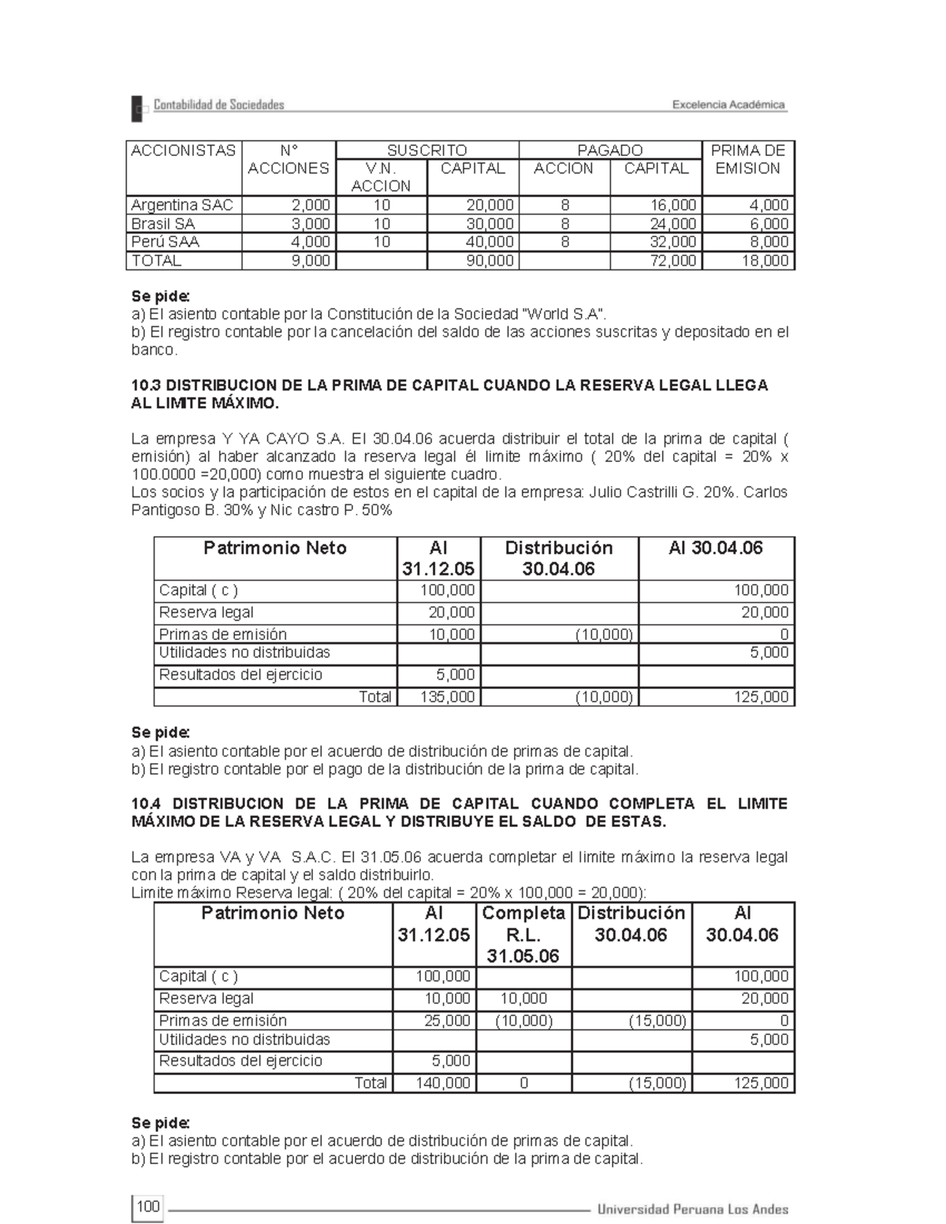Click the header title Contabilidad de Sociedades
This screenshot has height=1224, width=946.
click(x=218, y=105)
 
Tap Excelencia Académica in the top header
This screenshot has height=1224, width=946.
click(x=728, y=105)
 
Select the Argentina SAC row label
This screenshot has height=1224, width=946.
click(x=182, y=205)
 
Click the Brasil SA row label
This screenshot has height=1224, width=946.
click(x=163, y=224)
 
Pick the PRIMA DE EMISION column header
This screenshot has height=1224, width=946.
click(x=747, y=159)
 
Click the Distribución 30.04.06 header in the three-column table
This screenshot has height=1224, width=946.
click(x=558, y=558)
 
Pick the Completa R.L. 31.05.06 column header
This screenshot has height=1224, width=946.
click(x=523, y=934)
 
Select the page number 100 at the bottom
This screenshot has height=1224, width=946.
click(x=147, y=1207)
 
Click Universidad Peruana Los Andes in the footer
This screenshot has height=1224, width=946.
click(x=692, y=1209)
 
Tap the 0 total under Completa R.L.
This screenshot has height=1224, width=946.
click(x=523, y=1083)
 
